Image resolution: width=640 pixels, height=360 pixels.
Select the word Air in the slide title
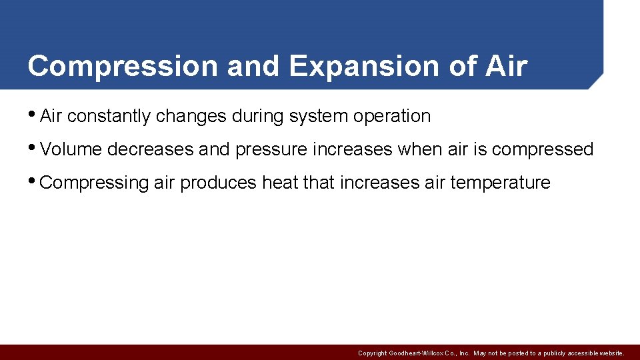(506, 67)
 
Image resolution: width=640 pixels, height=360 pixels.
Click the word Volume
(71, 149)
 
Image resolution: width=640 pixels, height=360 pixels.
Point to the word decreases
(150, 149)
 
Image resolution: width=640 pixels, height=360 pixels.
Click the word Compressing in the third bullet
(94, 183)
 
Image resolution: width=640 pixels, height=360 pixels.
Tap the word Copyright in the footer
(373, 353)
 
